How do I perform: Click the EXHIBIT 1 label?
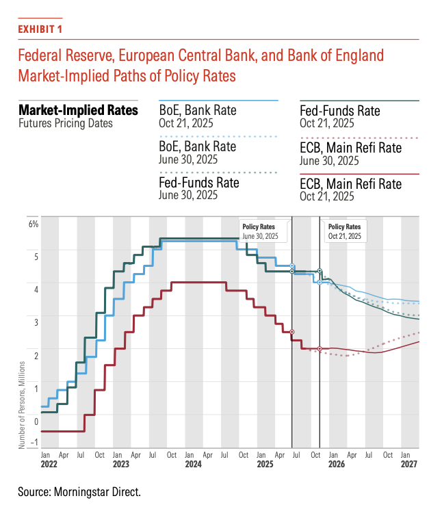[x=41, y=29]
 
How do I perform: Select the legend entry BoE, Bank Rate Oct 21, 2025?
[x=197, y=117]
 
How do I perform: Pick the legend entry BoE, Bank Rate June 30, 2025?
[x=197, y=153]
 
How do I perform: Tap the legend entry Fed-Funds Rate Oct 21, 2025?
[x=339, y=117]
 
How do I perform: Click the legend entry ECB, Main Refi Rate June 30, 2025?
[x=350, y=154]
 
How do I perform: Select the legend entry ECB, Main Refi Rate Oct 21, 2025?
[x=350, y=190]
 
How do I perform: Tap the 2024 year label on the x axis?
[x=193, y=464]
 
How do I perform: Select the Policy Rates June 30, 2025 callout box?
[x=263, y=231]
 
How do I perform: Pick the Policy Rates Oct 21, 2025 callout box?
[x=344, y=231]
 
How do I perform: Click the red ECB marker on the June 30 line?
[x=292, y=332]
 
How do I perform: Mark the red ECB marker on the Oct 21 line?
[x=320, y=349]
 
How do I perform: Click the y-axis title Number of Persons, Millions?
[x=22, y=405]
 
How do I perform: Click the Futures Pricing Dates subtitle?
[x=66, y=124]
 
